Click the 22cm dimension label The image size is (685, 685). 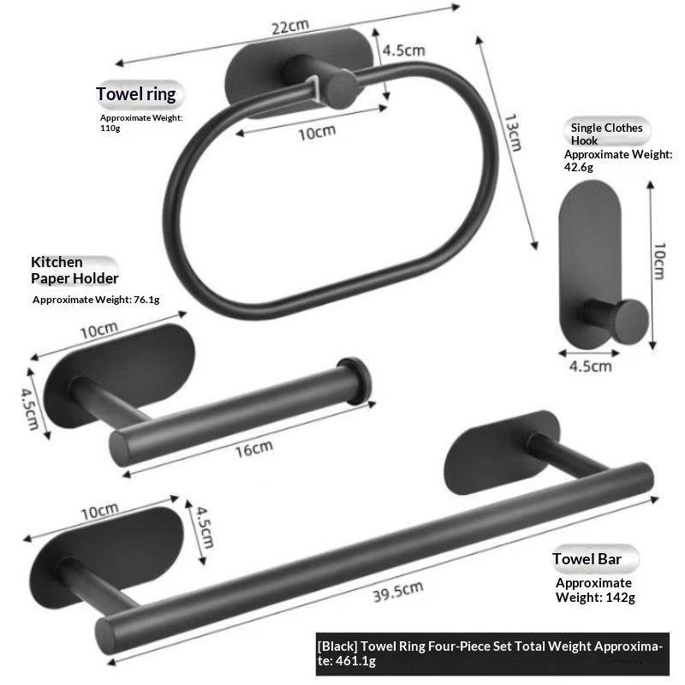coord(290,27)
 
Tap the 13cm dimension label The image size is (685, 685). coord(512,133)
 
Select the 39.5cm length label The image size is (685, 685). coord(398,592)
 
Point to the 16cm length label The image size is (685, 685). coord(254,449)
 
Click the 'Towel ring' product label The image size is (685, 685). coord(136,94)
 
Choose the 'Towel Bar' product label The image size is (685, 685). coord(587,559)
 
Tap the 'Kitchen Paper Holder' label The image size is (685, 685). coord(74,270)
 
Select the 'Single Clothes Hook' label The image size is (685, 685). coord(606,134)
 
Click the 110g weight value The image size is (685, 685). coord(110,128)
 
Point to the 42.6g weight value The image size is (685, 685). coord(579,167)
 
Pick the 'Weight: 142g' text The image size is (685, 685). coord(595,597)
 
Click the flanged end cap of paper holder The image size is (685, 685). coord(354,381)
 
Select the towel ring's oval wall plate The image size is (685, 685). coord(299,72)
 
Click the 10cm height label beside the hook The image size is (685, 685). coord(659,261)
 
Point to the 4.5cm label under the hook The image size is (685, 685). coord(590,366)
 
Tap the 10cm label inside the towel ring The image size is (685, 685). coord(317,133)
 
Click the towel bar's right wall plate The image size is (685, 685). coord(502,452)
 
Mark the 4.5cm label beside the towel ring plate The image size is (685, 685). coord(403,51)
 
